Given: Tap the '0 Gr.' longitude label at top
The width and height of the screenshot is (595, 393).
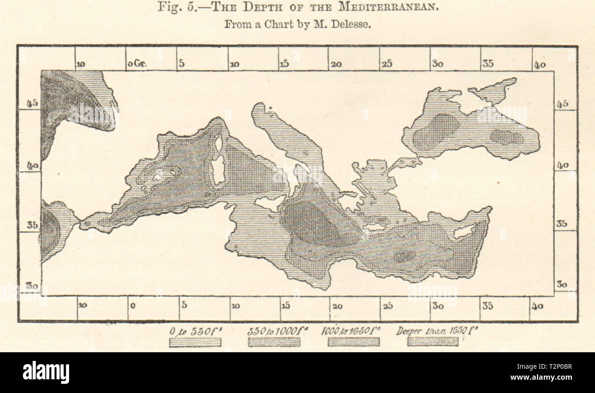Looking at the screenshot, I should (136, 65).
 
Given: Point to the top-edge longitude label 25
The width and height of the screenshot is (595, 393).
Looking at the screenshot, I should (387, 65).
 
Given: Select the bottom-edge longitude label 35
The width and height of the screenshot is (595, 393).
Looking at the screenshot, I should (487, 306).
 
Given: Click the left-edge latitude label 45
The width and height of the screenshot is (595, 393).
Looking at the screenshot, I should (32, 104).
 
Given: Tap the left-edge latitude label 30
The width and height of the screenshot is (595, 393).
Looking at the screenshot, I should (31, 285).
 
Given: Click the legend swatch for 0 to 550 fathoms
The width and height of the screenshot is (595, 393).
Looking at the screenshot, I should (195, 342).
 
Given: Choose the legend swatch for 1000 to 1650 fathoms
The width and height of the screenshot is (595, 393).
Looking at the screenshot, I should (353, 342).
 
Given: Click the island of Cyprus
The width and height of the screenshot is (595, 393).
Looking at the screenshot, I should (464, 232).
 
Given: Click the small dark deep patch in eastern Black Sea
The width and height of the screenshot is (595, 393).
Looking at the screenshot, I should (506, 137).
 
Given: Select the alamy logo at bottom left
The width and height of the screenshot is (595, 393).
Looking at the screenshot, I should (46, 372).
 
